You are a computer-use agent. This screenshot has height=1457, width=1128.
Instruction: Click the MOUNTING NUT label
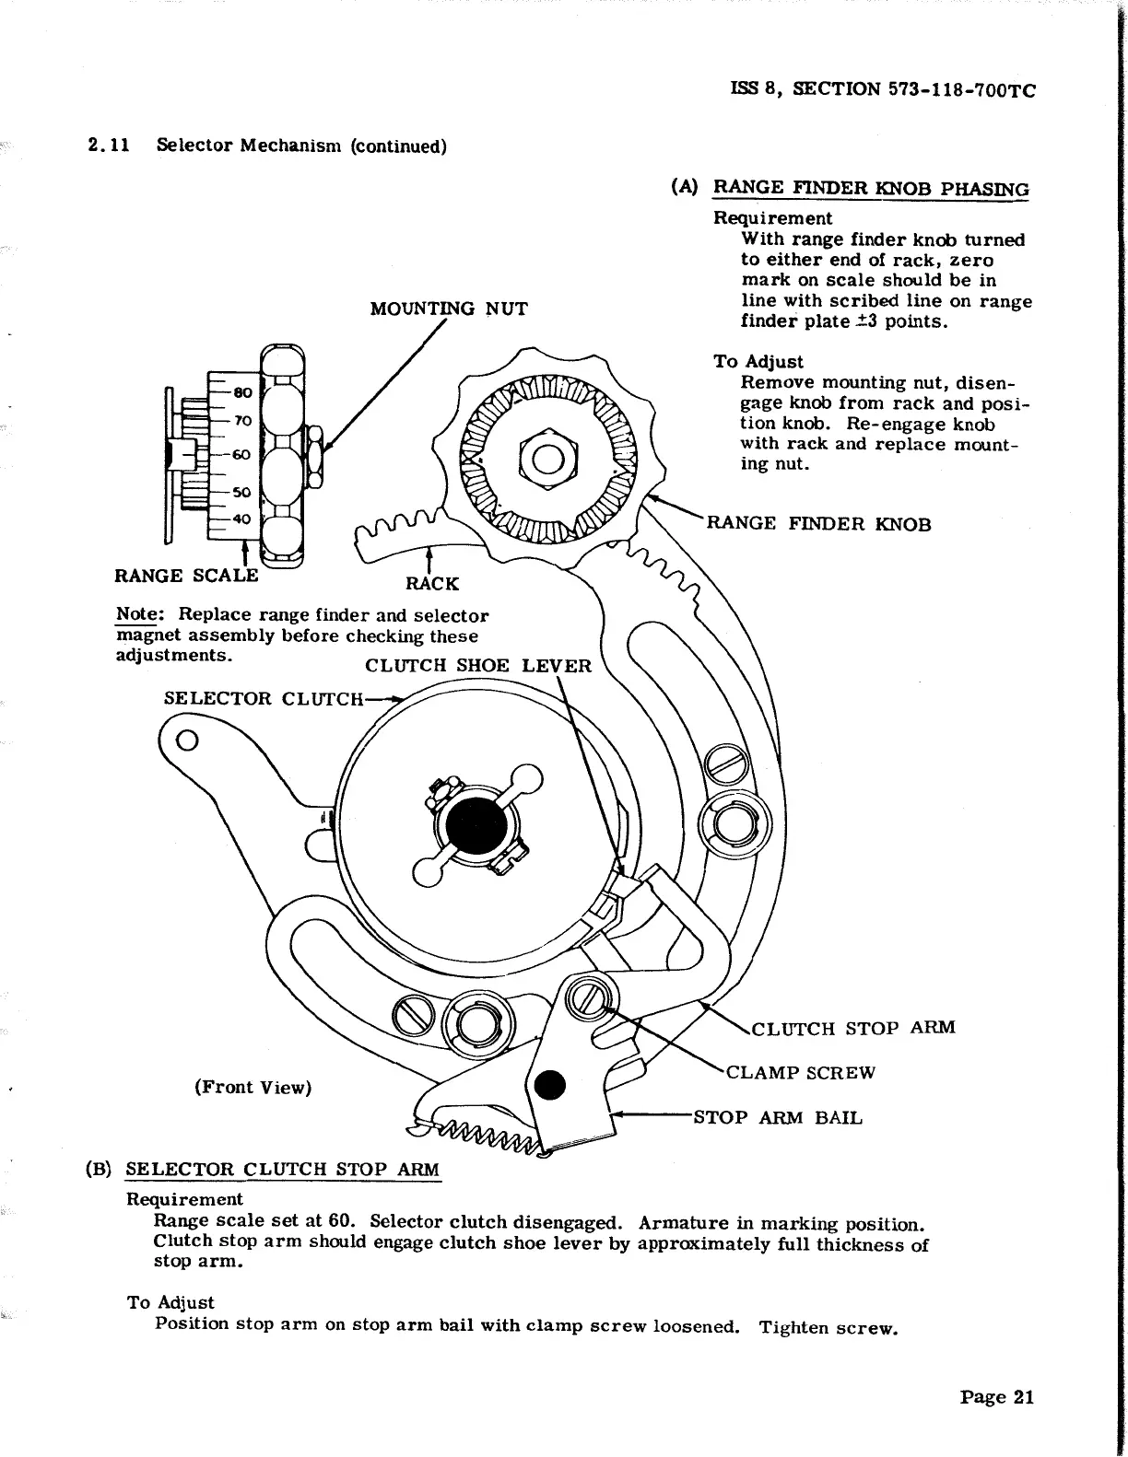pos(449,309)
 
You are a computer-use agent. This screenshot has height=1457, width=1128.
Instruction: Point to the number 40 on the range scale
pos(241,519)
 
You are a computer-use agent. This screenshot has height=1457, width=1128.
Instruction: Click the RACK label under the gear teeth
pos(432,583)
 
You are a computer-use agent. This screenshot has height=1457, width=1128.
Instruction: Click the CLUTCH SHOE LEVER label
pos(478,665)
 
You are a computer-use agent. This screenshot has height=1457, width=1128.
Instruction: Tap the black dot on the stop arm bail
pos(550,1086)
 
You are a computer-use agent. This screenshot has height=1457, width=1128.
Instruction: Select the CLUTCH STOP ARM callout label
pos(853,1028)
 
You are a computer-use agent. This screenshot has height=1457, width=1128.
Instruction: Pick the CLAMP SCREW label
pos(801,1073)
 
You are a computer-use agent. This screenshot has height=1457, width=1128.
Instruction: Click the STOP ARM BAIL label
pos(778,1118)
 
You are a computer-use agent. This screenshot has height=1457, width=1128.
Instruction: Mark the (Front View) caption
pos(253,1088)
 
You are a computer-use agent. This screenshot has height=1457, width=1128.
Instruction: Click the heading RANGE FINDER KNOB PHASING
pos(872,188)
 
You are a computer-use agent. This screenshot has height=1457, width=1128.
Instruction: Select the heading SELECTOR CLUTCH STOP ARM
pos(283,1170)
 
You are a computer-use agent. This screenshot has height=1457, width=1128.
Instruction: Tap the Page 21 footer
pos(997,1397)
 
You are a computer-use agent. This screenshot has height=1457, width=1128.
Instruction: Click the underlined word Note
pos(134,615)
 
